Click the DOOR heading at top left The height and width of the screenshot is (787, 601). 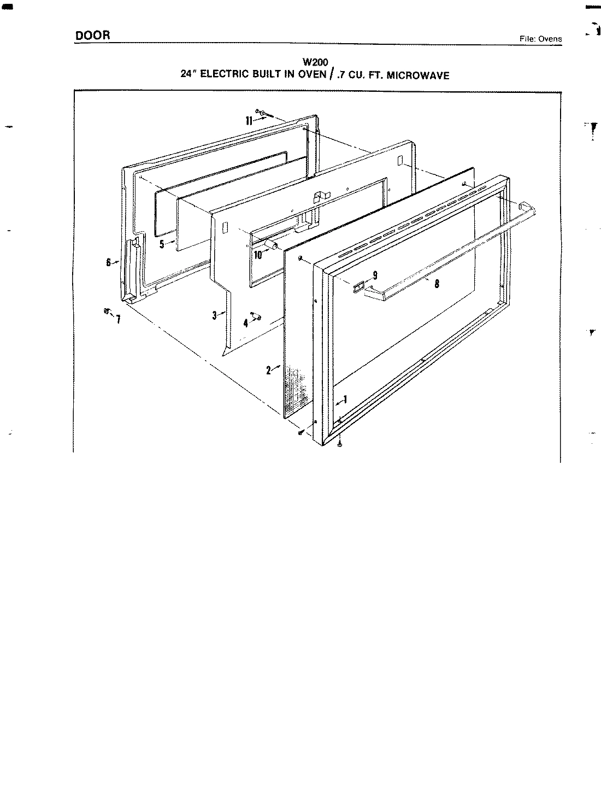[93, 35]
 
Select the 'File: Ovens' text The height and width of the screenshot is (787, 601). [540, 39]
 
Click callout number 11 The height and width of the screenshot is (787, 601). [249, 121]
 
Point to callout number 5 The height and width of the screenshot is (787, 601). [162, 244]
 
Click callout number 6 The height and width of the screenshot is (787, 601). [109, 262]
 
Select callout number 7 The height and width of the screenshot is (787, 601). [117, 319]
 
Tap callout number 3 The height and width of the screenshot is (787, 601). [215, 315]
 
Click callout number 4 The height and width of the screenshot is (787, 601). [246, 323]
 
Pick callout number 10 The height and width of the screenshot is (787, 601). [258, 254]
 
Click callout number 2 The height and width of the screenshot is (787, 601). [269, 370]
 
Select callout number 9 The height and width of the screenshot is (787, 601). [375, 275]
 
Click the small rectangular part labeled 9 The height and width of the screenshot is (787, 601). [358, 286]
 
